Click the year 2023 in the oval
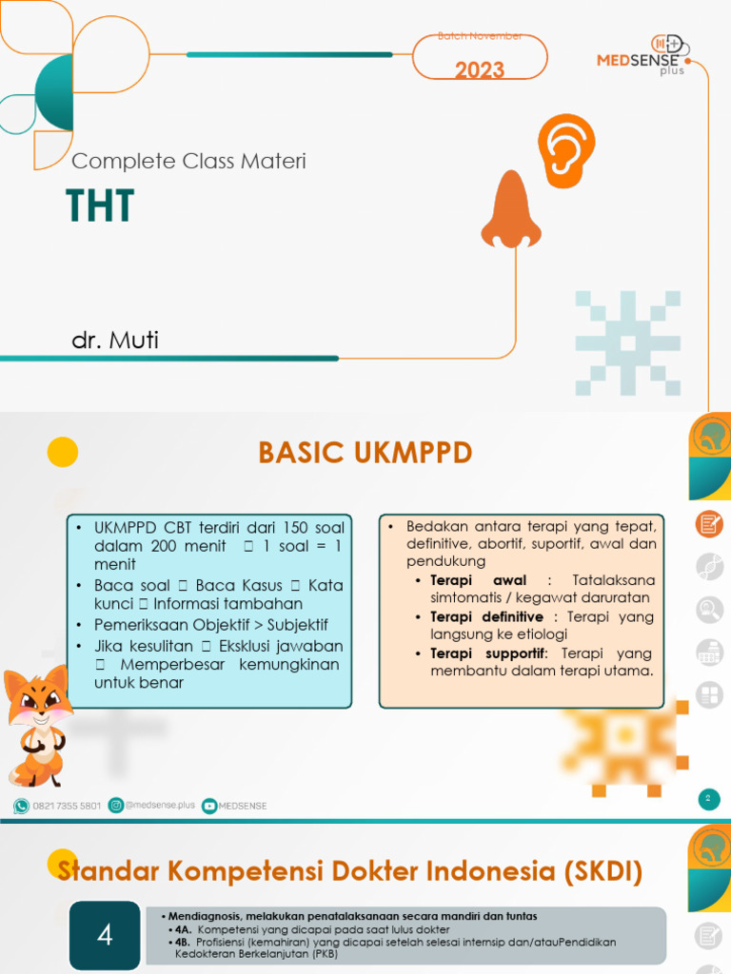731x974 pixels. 479,69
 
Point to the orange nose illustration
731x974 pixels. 510,210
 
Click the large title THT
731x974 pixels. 100,205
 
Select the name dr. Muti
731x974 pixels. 115,340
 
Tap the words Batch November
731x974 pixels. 479,36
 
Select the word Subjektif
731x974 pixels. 295,625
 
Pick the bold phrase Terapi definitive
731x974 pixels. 486,617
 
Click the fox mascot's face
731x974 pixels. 38,701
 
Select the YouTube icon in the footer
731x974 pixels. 209,806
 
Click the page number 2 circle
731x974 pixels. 707,799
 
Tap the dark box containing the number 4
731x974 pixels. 105,935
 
